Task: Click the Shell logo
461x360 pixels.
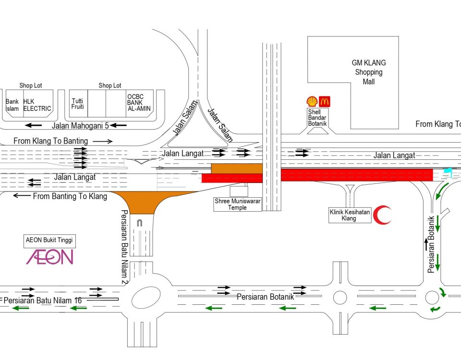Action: (x=312, y=101)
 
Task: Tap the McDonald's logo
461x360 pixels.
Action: (x=325, y=102)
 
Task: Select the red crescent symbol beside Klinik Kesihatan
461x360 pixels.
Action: (x=382, y=215)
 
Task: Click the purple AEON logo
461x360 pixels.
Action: (x=49, y=257)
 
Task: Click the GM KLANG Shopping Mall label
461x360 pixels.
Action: (x=369, y=72)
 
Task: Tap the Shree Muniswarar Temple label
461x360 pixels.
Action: (x=238, y=204)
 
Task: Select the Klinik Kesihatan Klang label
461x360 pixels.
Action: (x=350, y=215)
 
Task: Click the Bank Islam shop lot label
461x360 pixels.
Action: (x=12, y=105)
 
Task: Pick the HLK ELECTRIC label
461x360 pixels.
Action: (x=37, y=105)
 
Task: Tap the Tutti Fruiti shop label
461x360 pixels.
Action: (x=78, y=104)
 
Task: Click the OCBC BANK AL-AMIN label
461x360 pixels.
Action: (x=139, y=103)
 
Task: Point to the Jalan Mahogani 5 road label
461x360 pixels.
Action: (x=80, y=126)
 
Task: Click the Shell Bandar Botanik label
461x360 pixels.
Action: (x=317, y=118)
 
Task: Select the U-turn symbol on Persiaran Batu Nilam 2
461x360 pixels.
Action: (x=140, y=223)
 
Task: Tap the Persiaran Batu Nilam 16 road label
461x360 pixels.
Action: (x=43, y=300)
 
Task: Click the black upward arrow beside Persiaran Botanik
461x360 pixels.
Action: (x=426, y=244)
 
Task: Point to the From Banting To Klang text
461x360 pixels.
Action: (x=70, y=196)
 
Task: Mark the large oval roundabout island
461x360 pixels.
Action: (x=146, y=298)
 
